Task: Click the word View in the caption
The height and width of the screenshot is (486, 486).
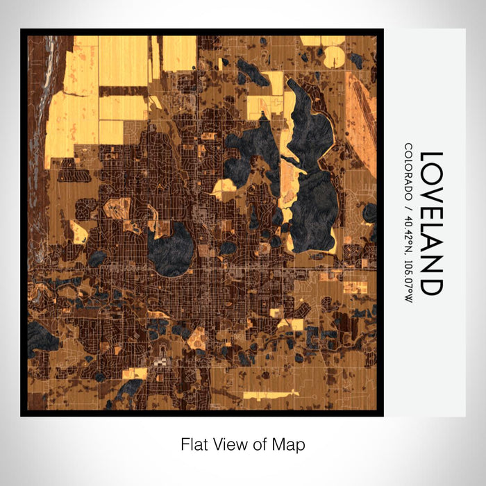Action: [227, 444]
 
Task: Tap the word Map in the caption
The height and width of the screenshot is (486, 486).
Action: [291, 444]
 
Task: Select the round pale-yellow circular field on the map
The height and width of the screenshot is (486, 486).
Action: [333, 56]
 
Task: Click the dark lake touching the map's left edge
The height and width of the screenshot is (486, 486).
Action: [42, 337]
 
